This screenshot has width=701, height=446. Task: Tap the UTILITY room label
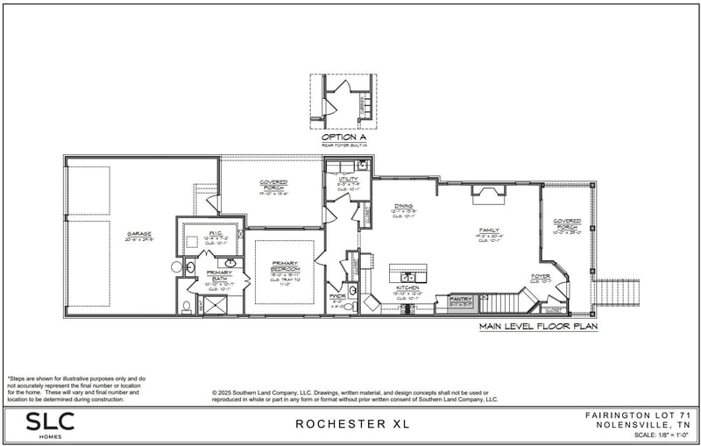click(x=336, y=178)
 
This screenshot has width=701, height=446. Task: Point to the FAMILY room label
click(x=488, y=230)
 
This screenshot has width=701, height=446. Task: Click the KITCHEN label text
click(x=408, y=288)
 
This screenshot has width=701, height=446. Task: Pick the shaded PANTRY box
click(x=460, y=301)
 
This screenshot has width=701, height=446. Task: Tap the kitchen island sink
click(x=408, y=268)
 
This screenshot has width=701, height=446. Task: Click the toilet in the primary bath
click(x=186, y=307)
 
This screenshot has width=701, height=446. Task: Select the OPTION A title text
click(x=343, y=137)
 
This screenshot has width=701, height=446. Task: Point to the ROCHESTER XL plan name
click(x=351, y=424)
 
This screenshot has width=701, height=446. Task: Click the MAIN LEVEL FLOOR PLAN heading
click(x=537, y=327)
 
